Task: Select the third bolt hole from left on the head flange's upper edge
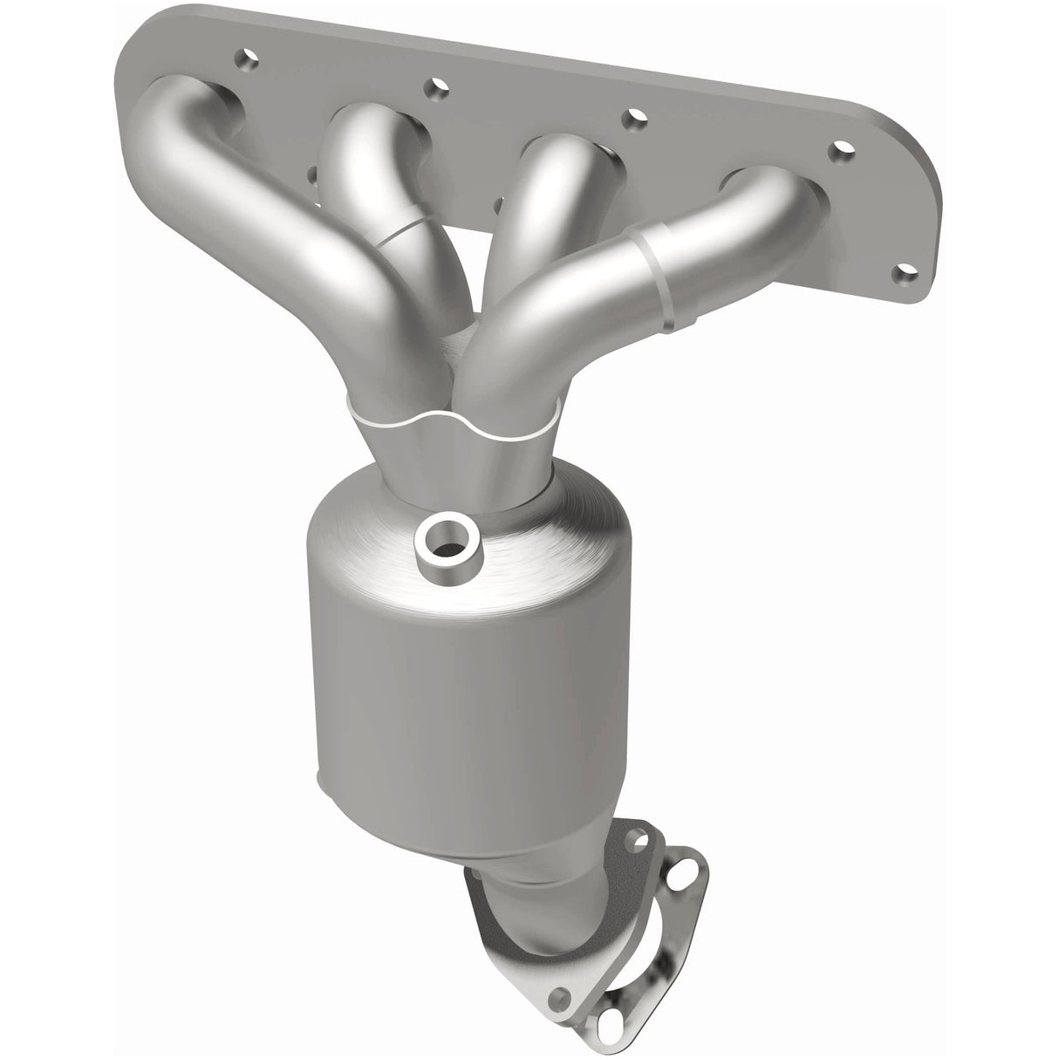point(636,115)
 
